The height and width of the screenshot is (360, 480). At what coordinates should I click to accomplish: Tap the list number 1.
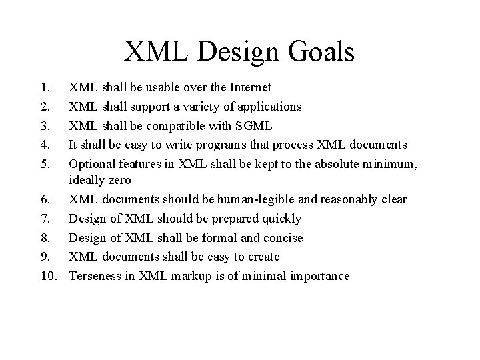point(44,87)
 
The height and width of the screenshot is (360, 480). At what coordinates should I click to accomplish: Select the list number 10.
point(47,276)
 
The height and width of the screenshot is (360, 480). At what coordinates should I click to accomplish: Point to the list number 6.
point(44,200)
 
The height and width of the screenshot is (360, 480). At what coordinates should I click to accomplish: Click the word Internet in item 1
point(249,87)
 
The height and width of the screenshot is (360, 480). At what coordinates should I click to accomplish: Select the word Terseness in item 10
point(96,276)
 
